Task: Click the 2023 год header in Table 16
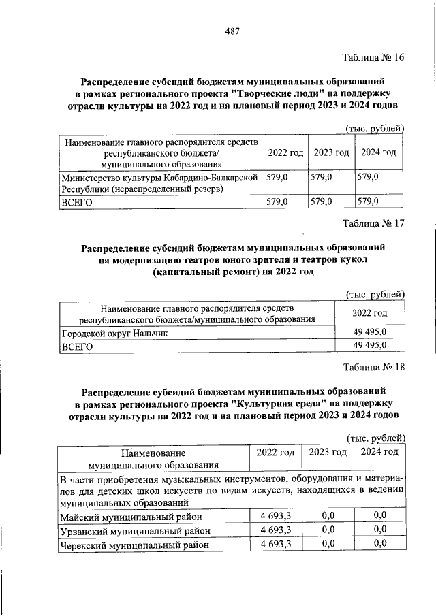pyautogui.click(x=331, y=152)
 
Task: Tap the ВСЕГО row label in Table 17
pyautogui.click(x=76, y=346)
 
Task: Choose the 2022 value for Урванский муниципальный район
pyautogui.click(x=275, y=530)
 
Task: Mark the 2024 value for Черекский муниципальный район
pyautogui.click(x=380, y=543)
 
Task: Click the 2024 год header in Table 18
pyautogui.click(x=379, y=452)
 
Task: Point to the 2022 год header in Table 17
pyautogui.click(x=369, y=313)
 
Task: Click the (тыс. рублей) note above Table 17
pyautogui.click(x=375, y=294)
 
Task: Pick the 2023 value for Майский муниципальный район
pyautogui.click(x=328, y=516)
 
